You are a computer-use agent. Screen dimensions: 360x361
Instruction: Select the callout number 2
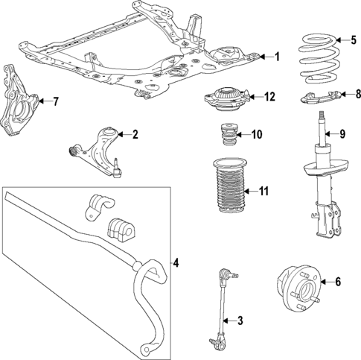tap(135, 135)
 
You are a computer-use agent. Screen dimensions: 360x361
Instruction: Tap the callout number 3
tap(240, 321)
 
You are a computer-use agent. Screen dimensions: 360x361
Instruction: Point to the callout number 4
tap(176, 262)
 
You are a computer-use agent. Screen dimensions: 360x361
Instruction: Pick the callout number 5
tap(342, 40)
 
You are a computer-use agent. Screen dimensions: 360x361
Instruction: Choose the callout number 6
tap(337, 282)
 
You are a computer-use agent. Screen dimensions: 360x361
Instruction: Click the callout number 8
tap(358, 94)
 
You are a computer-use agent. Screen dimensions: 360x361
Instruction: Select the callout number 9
tap(342, 134)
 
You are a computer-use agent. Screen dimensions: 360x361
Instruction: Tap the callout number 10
tap(257, 135)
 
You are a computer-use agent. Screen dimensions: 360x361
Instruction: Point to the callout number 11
tap(263, 190)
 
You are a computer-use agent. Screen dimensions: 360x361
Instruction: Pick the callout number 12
tap(269, 96)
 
